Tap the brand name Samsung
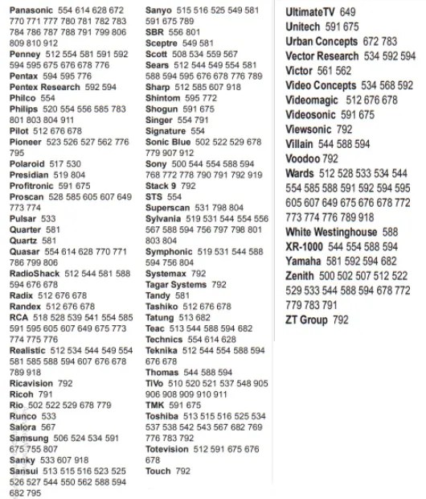pyautogui.click(x=28, y=439)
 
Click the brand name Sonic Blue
pyautogui.click(x=168, y=142)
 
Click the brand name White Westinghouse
pyautogui.click(x=330, y=232)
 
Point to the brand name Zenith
pyautogui.click(x=300, y=275)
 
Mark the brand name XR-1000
pyautogui.click(x=305, y=246)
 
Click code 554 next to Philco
pyautogui.click(x=47, y=97)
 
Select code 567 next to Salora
pyautogui.click(x=48, y=427)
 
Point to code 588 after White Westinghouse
pyautogui.click(x=390, y=232)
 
